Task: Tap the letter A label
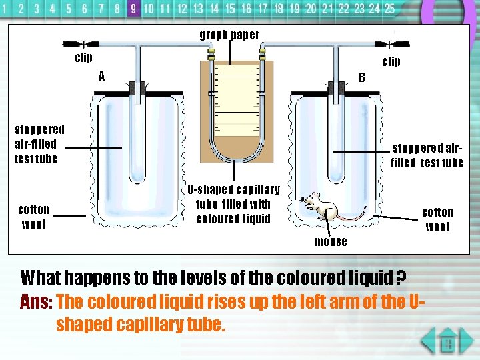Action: pos(101,76)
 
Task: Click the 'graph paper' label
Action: pos(230,35)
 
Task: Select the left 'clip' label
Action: pos(83,58)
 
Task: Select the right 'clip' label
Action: pos(391,62)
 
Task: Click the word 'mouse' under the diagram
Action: pos(331,242)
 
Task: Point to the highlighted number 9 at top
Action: pos(133,9)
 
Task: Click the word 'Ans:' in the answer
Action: pos(36,302)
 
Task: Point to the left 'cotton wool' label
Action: pos(33,217)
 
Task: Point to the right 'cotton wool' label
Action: pos(437,219)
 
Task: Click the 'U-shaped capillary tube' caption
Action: pos(233,204)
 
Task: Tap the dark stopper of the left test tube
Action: pos(138,88)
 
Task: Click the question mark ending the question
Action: pos(402,277)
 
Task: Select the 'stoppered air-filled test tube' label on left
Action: pos(39,144)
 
